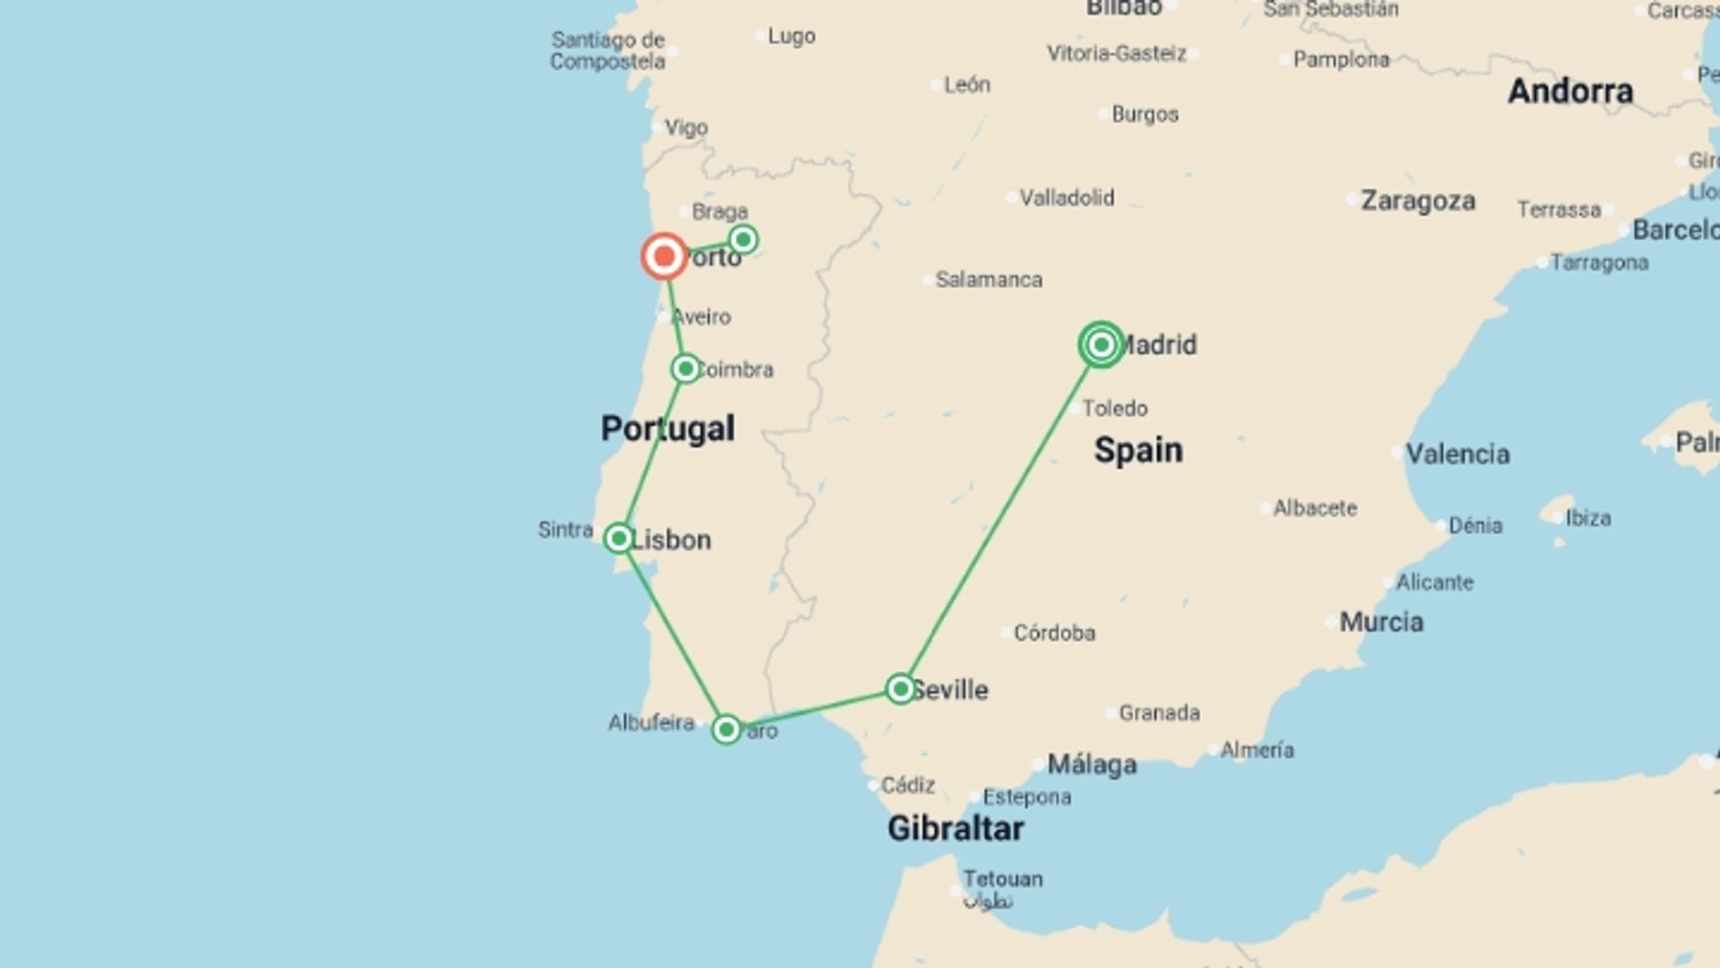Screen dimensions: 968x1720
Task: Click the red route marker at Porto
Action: click(x=664, y=257)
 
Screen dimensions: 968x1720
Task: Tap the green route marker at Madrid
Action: click(x=1101, y=344)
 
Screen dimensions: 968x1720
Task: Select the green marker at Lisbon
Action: click(x=618, y=538)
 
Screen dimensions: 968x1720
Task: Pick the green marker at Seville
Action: click(x=900, y=688)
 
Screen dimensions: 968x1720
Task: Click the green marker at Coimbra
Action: click(x=685, y=368)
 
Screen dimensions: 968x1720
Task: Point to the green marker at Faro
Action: click(x=727, y=729)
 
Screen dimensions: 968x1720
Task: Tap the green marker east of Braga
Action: click(x=743, y=239)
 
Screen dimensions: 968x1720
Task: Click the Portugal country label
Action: click(x=667, y=428)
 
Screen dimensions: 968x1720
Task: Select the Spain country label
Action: click(x=1138, y=450)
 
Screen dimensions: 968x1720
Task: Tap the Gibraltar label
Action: click(x=955, y=828)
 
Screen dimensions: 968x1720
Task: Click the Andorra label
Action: click(x=1569, y=91)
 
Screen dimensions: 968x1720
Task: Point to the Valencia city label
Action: click(x=1457, y=454)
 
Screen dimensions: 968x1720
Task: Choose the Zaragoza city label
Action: click(x=1417, y=201)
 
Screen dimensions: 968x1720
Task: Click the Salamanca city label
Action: click(x=988, y=280)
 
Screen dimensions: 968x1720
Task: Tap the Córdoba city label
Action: click(x=1053, y=633)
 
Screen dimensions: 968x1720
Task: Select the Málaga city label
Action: click(x=1091, y=765)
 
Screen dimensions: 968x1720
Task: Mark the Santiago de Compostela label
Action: click(x=607, y=50)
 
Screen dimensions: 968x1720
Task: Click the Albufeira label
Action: click(x=651, y=722)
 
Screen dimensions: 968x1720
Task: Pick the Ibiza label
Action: click(x=1587, y=518)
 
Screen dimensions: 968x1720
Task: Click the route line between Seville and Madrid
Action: click(x=1001, y=516)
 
